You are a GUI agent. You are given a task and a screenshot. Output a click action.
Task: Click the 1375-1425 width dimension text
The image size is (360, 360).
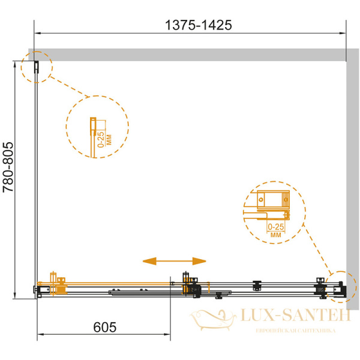199,25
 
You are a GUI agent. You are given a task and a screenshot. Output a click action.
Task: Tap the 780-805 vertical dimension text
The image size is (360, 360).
8,167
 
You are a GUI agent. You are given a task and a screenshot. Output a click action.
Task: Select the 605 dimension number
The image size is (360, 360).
105,327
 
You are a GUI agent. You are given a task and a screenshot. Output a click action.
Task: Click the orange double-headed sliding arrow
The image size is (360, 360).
174,261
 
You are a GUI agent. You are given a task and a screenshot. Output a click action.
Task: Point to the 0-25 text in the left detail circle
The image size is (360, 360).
101,139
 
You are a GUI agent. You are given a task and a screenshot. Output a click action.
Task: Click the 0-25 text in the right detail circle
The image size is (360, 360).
276,227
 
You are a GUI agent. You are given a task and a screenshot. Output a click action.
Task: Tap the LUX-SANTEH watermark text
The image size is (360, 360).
296,315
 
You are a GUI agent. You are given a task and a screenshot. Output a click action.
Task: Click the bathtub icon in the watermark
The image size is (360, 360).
212,319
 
